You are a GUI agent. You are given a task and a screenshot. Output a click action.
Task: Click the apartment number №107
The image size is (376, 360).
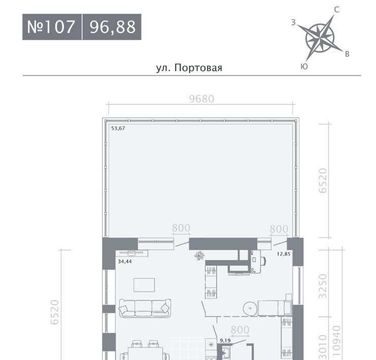pyautogui.click(x=51, y=26)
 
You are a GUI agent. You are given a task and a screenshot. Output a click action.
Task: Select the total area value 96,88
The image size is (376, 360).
pyautogui.click(x=113, y=27)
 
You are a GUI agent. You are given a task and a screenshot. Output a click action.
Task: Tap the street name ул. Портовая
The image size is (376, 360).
pyautogui.click(x=189, y=68)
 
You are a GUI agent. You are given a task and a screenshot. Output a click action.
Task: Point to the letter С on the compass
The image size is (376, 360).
pyautogui.click(x=336, y=10)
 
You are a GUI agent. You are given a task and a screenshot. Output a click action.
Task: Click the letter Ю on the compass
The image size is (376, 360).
pyautogui.click(x=304, y=66)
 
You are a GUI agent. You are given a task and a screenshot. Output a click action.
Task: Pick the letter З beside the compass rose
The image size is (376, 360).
pyautogui.click(x=293, y=22)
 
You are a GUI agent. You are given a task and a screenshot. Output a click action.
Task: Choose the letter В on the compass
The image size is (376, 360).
pyautogui.click(x=347, y=54)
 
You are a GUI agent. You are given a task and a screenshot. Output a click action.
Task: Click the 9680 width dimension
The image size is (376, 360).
pyautogui.click(x=201, y=99)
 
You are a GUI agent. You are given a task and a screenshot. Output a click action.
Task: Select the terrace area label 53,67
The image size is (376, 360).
pyautogui.click(x=118, y=128)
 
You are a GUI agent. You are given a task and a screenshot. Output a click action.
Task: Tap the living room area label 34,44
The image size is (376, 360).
pyautogui.click(x=125, y=262)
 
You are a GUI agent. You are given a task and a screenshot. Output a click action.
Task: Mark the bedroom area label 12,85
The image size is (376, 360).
pyautogui.click(x=284, y=254)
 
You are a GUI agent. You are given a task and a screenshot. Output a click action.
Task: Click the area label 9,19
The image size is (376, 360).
pyautogui.click(x=225, y=340)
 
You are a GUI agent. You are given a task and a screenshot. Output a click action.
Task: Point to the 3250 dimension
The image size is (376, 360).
pyautogui.click(x=323, y=286)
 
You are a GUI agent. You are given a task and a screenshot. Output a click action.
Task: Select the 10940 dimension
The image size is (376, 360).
pyautogui.click(x=336, y=342)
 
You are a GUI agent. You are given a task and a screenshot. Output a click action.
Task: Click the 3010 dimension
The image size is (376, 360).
pyautogui.click(x=323, y=347)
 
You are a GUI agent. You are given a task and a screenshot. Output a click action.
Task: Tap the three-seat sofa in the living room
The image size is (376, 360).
pyautogui.click(x=145, y=308)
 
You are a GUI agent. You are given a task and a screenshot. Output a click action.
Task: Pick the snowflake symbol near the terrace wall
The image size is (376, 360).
pyautogui.click(x=199, y=256)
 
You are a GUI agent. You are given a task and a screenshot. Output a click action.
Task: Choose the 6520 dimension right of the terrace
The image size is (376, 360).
pyautogui.click(x=323, y=181)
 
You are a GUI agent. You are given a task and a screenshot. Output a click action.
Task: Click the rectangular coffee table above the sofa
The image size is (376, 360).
pyautogui.click(x=144, y=285)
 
